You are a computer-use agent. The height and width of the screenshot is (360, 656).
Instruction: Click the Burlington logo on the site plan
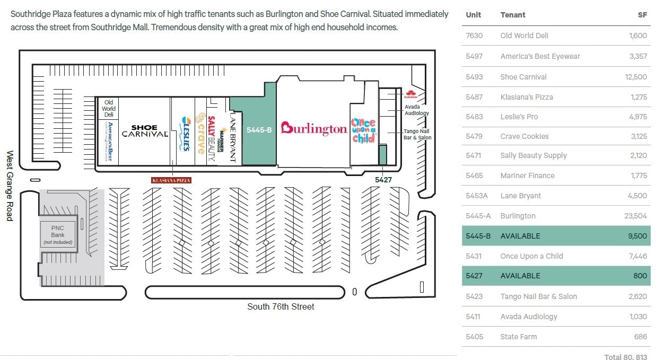313,128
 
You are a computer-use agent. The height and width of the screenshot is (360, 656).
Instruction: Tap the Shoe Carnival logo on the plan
145,131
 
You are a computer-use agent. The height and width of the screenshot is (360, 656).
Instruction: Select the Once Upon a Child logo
363,130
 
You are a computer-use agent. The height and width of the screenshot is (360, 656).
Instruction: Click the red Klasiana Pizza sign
171,180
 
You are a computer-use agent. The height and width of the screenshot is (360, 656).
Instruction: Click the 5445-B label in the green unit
259,129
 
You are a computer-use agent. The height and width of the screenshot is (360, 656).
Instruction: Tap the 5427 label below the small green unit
383,180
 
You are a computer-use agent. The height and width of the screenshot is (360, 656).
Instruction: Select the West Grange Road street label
10,186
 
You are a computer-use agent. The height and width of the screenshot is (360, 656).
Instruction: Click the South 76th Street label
281,306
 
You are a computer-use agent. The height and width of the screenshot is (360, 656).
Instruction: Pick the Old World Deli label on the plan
109,108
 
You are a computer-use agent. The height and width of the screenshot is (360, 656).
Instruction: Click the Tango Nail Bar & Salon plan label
417,134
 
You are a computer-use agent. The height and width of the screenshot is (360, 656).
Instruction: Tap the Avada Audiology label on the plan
416,110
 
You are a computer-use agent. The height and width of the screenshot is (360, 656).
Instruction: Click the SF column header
642,15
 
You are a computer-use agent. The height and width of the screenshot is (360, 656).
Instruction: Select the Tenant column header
513,15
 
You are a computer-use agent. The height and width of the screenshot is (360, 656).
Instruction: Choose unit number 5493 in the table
474,77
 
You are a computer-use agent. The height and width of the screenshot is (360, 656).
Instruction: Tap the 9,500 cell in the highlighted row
637,236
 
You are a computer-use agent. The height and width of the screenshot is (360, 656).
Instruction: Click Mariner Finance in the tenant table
527,175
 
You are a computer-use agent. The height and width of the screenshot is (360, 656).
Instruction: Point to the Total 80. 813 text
626,357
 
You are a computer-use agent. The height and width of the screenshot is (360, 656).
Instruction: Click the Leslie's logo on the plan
185,134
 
